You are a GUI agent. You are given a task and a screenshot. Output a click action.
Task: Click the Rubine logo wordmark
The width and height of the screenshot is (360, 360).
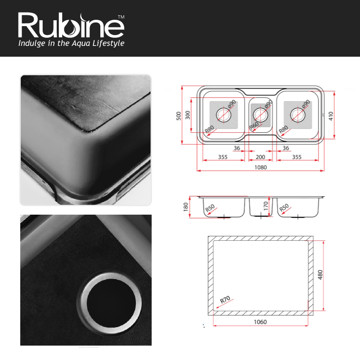tap(71, 25)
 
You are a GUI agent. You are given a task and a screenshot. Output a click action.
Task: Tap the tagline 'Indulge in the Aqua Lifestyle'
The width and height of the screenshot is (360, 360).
tap(71, 43)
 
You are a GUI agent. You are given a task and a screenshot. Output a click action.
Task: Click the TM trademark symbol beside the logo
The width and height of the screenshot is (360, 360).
tap(121, 17)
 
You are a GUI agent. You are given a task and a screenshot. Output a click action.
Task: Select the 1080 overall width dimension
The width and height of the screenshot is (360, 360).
tap(261, 167)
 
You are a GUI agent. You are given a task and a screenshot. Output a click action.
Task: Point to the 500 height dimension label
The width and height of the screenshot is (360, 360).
tap(179, 116)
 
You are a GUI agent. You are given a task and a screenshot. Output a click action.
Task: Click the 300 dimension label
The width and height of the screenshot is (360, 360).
tap(188, 115)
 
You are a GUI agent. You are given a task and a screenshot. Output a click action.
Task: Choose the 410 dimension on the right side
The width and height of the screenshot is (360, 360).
tap(330, 116)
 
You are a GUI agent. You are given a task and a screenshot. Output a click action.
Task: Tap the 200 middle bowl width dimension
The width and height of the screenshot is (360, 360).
tap(261, 157)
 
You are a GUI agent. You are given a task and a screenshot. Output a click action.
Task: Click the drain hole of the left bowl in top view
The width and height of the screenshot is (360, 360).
tap(224, 114)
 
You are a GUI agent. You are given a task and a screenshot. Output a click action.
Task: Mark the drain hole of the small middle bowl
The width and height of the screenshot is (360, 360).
tap(261, 115)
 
